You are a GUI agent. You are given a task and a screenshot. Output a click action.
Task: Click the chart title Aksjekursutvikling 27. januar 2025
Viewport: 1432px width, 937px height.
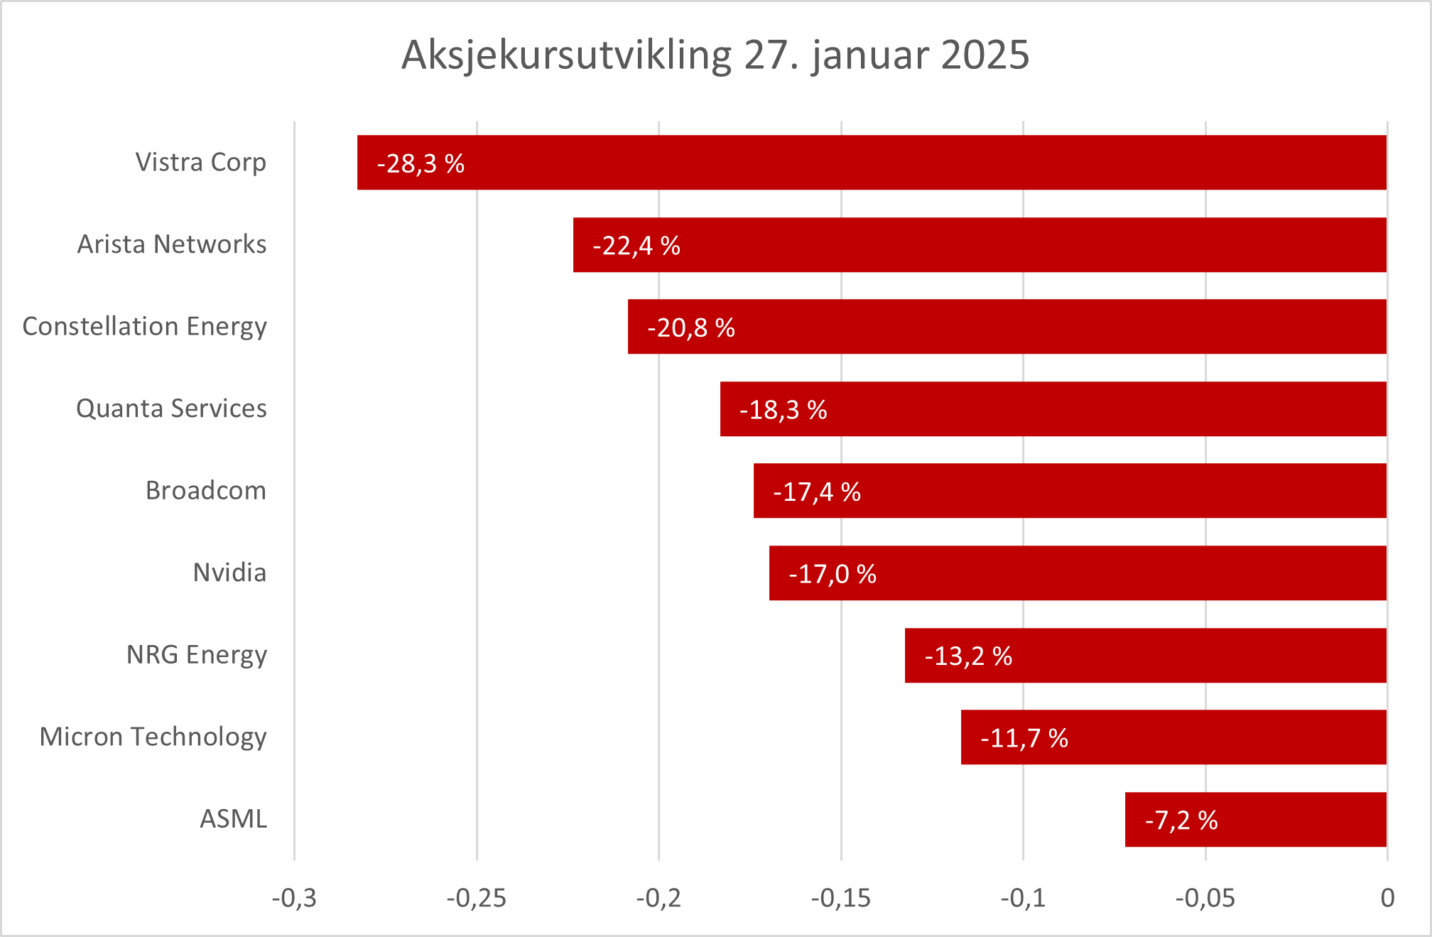tap(715, 55)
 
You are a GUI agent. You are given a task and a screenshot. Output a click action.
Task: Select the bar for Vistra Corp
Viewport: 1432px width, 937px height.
tap(872, 163)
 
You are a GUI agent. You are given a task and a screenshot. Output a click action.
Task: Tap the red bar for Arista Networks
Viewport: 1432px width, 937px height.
tap(980, 245)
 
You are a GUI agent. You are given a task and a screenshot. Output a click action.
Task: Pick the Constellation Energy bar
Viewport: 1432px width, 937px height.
tap(1007, 327)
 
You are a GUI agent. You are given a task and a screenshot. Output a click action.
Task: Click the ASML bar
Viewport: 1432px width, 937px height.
tap(1256, 820)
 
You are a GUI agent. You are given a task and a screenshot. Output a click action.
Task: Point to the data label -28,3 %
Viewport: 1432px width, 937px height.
tap(421, 164)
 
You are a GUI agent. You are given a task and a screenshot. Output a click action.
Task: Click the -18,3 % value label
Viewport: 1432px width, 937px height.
tap(783, 410)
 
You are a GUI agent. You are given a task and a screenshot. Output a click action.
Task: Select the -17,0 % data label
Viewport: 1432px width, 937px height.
tap(832, 574)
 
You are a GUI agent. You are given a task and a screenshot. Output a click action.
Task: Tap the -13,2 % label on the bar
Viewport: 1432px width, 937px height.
tap(967, 656)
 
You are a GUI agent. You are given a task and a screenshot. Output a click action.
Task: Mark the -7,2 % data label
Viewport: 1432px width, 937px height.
tap(1181, 820)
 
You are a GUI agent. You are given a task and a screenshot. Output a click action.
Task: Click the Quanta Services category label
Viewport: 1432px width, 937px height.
tap(171, 408)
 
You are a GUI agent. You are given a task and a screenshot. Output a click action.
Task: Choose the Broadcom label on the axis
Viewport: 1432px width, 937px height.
tap(205, 491)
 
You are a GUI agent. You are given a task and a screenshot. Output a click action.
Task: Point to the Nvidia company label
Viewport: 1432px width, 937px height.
tap(229, 573)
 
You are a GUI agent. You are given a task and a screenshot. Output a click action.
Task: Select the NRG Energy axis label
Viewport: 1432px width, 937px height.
tap(196, 655)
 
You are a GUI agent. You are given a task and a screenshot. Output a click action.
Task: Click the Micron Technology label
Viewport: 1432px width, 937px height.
tap(153, 737)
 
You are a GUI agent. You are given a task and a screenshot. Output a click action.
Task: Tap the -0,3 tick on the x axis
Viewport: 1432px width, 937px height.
tap(294, 899)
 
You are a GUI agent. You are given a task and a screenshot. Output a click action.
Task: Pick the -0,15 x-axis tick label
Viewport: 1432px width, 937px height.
tap(840, 899)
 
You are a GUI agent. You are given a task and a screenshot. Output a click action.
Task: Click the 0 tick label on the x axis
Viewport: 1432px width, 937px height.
tap(1387, 899)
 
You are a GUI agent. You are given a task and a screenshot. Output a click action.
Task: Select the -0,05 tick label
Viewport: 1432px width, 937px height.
tap(1205, 899)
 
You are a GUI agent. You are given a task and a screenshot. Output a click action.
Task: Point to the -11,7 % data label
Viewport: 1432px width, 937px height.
tap(1024, 739)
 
